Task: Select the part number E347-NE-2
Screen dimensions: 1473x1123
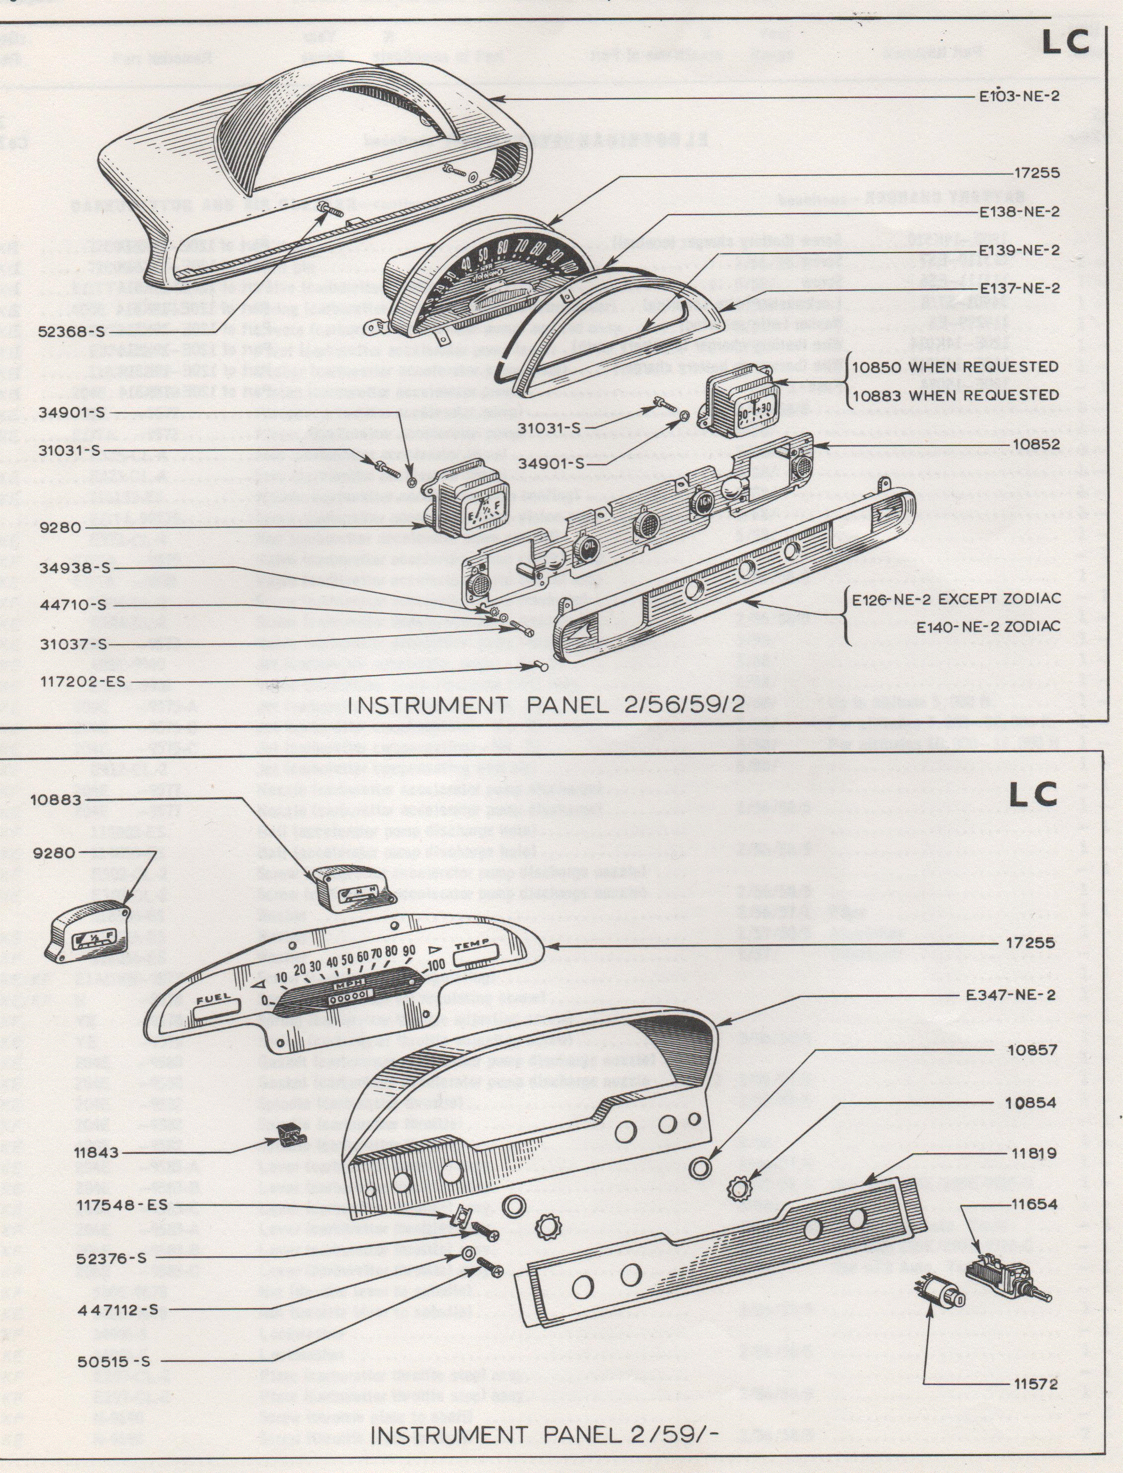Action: [1011, 995]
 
